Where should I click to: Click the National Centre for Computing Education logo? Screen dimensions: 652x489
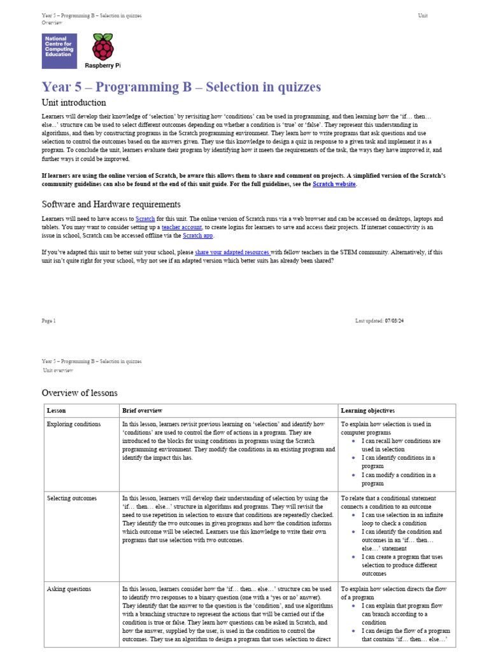coord(59,51)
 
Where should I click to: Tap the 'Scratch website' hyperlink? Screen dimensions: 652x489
coord(334,184)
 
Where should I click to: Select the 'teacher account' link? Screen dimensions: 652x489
coord(181,227)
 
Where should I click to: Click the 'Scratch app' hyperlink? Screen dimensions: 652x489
coord(198,236)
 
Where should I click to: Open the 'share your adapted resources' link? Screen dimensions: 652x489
coord(232,252)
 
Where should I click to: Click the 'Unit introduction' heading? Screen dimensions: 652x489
coord(74,103)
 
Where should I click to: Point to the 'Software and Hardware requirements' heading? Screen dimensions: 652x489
coord(111,204)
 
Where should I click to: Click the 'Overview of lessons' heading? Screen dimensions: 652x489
coord(80,393)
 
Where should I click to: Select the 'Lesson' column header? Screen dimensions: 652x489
coord(56,411)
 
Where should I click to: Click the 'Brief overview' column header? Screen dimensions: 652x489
coord(142,411)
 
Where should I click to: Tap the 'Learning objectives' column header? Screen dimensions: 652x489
coord(367,411)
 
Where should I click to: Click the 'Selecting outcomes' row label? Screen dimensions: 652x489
coord(72,498)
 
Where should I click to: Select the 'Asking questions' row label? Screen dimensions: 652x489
coord(69,589)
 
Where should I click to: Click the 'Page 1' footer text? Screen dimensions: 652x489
coord(49,321)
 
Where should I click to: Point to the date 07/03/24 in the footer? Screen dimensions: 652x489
coord(394,321)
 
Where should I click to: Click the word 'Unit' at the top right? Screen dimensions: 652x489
coord(423,15)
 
